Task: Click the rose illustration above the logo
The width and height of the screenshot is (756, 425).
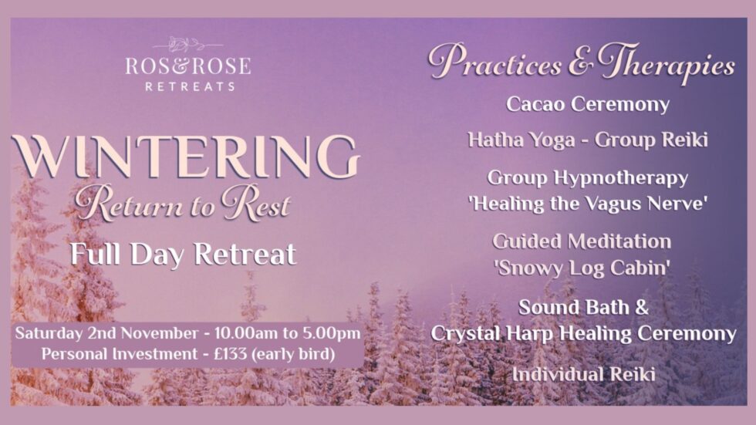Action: [188, 43]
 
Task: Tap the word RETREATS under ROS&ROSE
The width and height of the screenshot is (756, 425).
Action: [190, 86]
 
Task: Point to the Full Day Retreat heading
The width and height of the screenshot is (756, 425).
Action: [183, 254]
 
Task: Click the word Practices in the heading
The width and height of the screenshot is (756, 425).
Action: [494, 63]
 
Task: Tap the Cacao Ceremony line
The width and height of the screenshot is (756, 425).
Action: [588, 104]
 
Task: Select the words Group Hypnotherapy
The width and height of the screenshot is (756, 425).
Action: [588, 177]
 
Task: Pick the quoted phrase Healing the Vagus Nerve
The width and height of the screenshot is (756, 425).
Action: [588, 204]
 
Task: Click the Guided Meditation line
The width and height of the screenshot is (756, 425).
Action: [582, 241]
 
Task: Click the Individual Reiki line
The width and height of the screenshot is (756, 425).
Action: [584, 375]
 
